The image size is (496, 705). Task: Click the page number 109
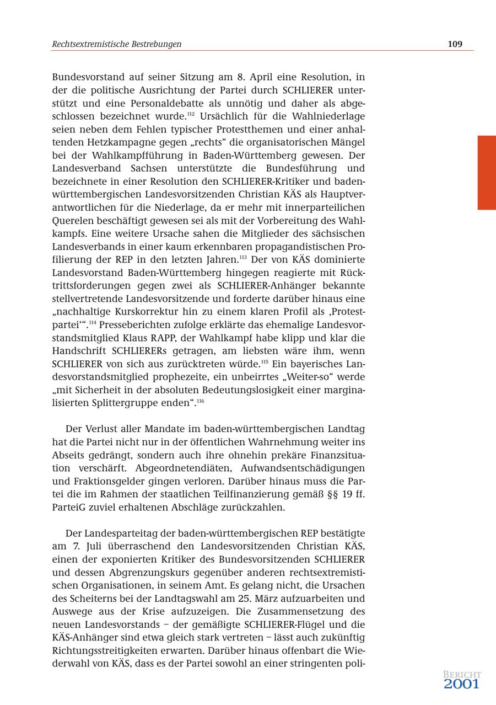coord(455,44)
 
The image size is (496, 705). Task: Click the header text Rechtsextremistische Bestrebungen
coord(116,44)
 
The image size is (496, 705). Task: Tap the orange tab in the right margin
coord(487,173)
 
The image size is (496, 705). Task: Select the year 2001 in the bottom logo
coord(462,685)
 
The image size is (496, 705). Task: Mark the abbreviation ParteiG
coord(70,507)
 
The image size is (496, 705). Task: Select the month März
coord(276,599)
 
